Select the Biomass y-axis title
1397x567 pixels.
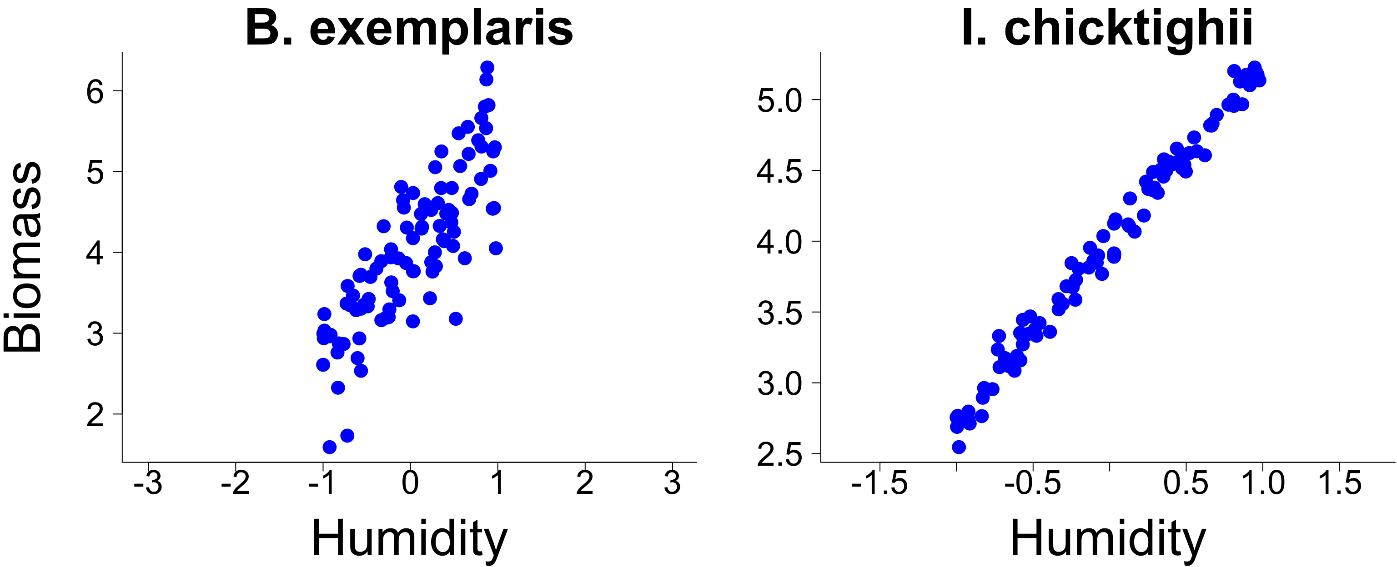point(23,257)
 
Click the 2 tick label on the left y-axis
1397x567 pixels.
point(95,415)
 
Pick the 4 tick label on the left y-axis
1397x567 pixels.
point(95,253)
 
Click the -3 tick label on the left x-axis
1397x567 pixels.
point(147,482)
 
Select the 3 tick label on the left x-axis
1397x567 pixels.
point(672,482)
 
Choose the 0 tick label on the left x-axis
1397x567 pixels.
point(410,482)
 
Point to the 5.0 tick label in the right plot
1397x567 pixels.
point(779,101)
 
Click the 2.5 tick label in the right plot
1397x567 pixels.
point(779,455)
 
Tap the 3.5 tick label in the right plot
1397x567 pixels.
point(779,313)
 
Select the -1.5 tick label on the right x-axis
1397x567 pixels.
point(879,482)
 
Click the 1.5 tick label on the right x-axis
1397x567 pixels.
point(1340,482)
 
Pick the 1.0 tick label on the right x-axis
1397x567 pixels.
point(1263,482)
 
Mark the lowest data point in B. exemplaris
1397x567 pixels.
point(329,447)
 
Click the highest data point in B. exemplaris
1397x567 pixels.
point(487,67)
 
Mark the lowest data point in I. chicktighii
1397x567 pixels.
point(959,447)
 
